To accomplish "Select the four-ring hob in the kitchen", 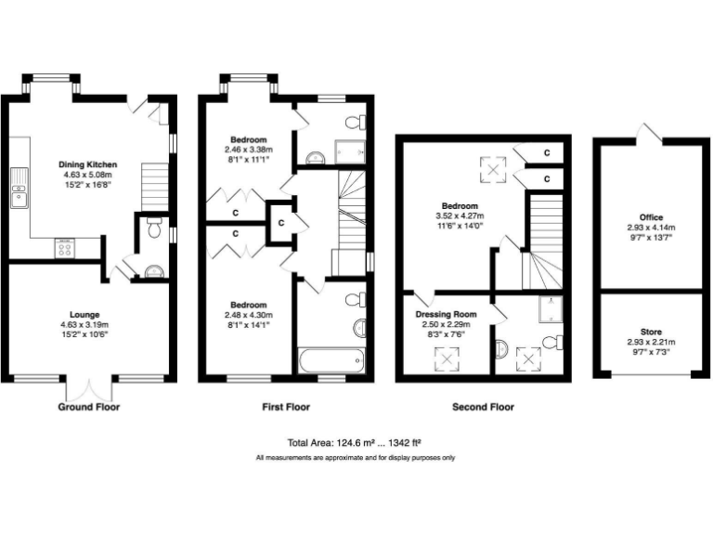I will click(x=65, y=248).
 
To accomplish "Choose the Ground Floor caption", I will click(x=89, y=407).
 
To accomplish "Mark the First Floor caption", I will click(x=286, y=407).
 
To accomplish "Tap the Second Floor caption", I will click(x=482, y=407).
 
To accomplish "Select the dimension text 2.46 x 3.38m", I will click(x=245, y=149).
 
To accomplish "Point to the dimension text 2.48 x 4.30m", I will click(x=248, y=315).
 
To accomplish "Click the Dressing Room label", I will click(x=446, y=314).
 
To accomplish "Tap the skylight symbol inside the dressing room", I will click(x=448, y=358).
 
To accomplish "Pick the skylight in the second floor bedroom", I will click(x=488, y=169).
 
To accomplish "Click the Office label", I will click(x=650, y=217).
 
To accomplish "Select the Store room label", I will click(x=650, y=332).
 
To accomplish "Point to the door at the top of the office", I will click(x=649, y=134).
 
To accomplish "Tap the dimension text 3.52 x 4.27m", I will click(x=460, y=215).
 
